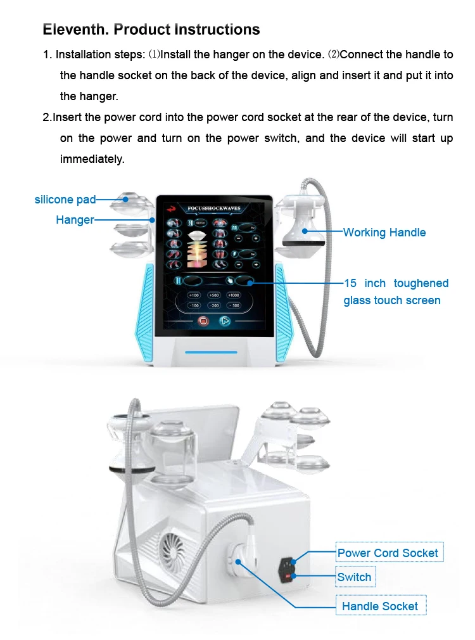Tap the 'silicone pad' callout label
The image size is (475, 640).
[65, 200]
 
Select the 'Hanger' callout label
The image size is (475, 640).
[74, 220]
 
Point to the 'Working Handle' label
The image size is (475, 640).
[384, 233]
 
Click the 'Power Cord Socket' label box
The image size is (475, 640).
[388, 553]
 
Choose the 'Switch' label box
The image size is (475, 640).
[355, 577]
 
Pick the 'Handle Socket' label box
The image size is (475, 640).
[380, 606]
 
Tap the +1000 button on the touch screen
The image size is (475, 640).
[233, 295]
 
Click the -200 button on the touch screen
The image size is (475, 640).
[214, 306]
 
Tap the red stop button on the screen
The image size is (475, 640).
[204, 321]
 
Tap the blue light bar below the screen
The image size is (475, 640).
[211, 352]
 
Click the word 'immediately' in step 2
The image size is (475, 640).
[92, 159]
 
